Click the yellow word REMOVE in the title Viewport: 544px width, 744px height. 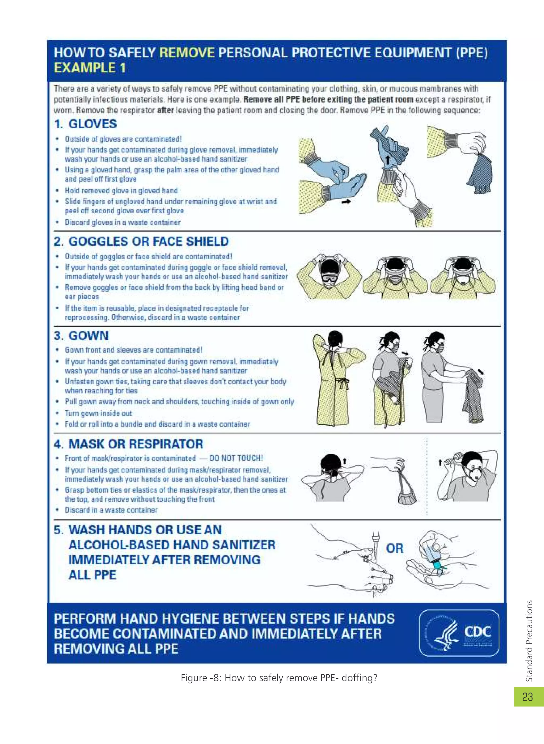[187, 53]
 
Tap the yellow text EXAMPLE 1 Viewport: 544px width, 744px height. [90, 68]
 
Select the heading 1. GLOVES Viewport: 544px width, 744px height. [86, 124]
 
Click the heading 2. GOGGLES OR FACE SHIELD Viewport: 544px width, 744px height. [141, 242]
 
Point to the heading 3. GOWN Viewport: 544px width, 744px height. [81, 336]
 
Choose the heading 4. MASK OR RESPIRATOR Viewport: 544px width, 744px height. [128, 444]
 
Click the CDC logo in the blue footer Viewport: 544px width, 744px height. [459, 633]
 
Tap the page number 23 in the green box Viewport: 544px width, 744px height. [528, 697]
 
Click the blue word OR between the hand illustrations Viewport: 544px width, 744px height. [394, 548]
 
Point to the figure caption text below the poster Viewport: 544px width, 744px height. [279, 678]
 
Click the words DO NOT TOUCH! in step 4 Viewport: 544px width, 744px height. [236, 458]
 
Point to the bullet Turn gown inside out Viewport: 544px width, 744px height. [98, 413]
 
